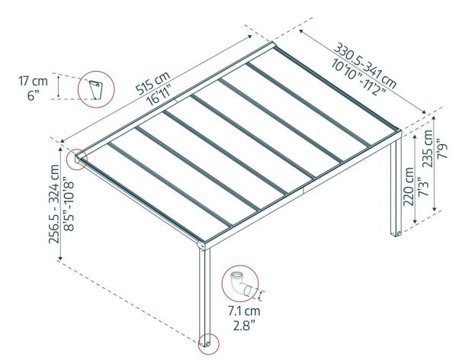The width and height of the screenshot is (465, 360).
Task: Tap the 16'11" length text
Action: coord(159,99)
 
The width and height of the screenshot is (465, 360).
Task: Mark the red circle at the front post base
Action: coord(207,342)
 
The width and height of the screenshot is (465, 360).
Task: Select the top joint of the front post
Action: coord(203,246)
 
